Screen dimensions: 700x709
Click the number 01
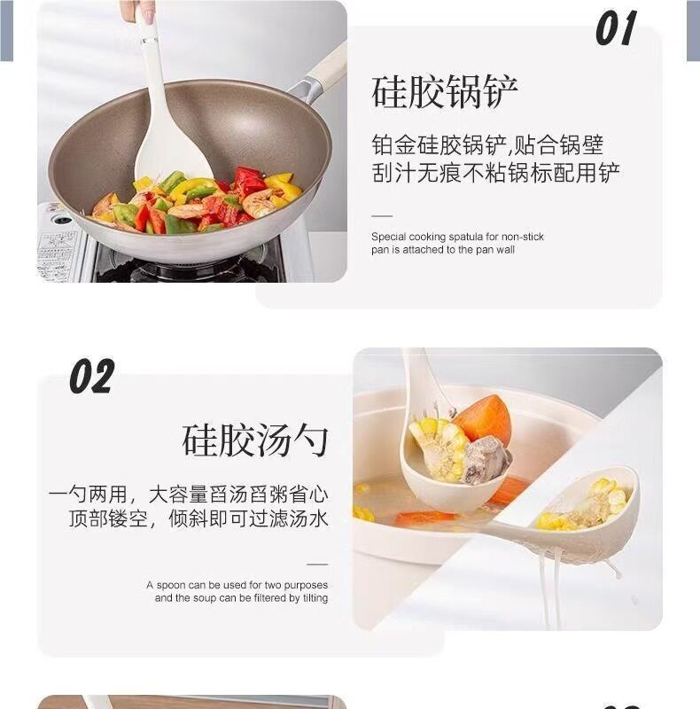pos(616,28)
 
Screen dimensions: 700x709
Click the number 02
pos(92,376)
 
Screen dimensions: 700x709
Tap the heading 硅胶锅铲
pos(445,92)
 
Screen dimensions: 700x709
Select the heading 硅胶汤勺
pos(255,440)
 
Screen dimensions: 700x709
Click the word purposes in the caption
pos(306,586)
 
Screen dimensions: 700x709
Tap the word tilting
pos(315,598)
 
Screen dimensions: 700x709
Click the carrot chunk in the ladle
pos(483,417)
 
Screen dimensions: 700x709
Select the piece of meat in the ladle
pos(486,459)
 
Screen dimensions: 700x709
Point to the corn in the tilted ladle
pos(586,505)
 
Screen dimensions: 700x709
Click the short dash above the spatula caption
pos(382,216)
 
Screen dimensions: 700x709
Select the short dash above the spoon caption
pos(317,565)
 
